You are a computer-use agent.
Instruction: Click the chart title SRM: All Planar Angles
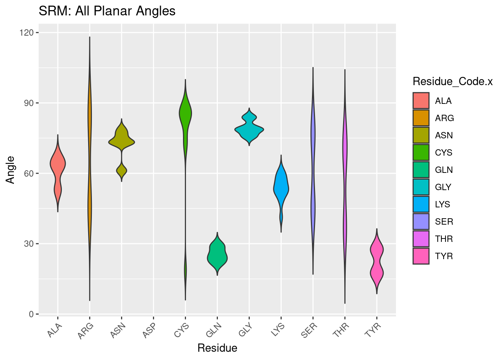(x=107, y=11)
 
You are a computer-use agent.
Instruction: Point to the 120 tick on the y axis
(x=28, y=33)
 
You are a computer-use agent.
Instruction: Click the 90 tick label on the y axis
(x=28, y=103)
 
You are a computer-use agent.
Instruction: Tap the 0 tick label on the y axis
(x=31, y=314)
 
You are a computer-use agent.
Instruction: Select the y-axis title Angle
(x=10, y=169)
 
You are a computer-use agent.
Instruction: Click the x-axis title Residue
(x=217, y=348)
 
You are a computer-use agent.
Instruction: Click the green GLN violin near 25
(x=217, y=255)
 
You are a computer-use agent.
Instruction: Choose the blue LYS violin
(x=281, y=187)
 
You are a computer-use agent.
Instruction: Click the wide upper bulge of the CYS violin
(x=185, y=112)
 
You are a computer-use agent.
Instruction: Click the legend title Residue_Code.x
(x=452, y=81)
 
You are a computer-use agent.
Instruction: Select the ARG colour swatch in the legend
(x=421, y=118)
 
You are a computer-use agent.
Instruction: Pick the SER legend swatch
(x=421, y=221)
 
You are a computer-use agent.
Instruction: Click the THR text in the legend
(x=444, y=239)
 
